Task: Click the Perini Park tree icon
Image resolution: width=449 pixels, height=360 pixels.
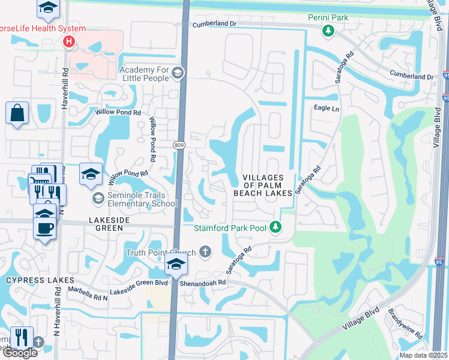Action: [x=328, y=31]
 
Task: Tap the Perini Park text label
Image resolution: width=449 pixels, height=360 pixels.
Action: [x=328, y=18]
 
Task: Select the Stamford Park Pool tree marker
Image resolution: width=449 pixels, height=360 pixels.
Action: [x=275, y=227]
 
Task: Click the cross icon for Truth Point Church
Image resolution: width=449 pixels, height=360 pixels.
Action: [x=205, y=251]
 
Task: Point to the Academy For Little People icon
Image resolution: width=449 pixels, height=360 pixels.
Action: [x=177, y=73]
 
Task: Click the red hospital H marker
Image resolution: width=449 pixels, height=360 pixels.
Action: [x=69, y=41]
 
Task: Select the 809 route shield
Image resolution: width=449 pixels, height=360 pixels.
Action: [x=179, y=145]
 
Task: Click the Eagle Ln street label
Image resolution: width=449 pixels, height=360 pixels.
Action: [x=327, y=109]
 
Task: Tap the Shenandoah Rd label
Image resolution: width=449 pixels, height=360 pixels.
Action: [x=205, y=282]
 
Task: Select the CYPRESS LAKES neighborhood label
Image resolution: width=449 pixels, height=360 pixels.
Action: [x=40, y=280]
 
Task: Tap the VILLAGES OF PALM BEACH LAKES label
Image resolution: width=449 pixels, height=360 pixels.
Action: [x=267, y=185]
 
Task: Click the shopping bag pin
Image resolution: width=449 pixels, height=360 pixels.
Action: [x=17, y=112]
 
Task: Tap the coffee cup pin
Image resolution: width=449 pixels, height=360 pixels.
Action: [x=46, y=229]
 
